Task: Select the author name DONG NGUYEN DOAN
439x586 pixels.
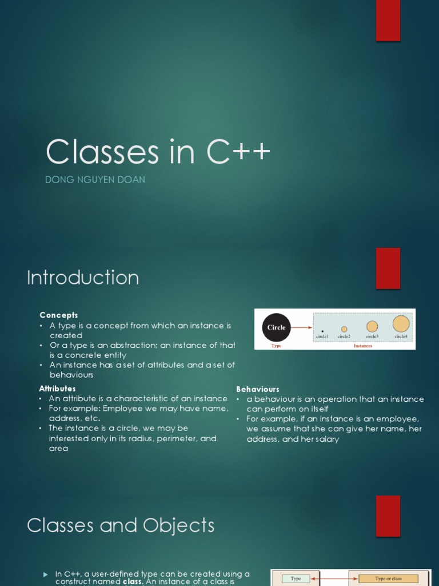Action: [x=95, y=180]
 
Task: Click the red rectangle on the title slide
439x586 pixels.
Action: [x=388, y=21]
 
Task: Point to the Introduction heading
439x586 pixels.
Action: [x=83, y=278]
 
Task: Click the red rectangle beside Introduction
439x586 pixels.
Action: [x=388, y=268]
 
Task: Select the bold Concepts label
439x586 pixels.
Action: [x=59, y=315]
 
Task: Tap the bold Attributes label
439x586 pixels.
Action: [x=57, y=389]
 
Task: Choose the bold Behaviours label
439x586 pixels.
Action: [x=258, y=389]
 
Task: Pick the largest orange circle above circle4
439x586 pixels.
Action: [x=401, y=324]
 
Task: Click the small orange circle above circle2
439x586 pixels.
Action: [x=344, y=329]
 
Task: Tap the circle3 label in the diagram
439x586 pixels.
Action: [x=372, y=336]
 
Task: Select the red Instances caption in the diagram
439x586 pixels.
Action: [x=363, y=346]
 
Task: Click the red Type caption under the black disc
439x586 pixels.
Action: [x=277, y=346]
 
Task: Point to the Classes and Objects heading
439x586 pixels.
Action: [x=121, y=525]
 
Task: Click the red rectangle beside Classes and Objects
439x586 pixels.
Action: [x=388, y=516]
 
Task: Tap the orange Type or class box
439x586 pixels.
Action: [x=388, y=579]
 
